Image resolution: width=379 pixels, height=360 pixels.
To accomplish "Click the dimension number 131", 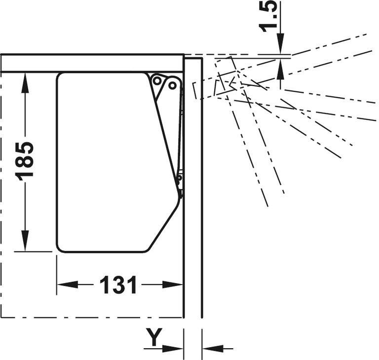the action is (118, 285).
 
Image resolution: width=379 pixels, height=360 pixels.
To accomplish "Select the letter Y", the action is (154, 336).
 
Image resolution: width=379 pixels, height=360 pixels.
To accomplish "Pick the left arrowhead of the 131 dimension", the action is (68, 285).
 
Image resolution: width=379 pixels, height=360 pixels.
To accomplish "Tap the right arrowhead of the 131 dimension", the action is (172, 285).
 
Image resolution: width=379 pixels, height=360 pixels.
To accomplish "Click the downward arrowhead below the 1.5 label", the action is (280, 43).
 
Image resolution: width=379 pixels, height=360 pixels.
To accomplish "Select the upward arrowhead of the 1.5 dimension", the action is (280, 69).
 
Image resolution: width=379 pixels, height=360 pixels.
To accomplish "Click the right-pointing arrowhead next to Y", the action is (172, 349).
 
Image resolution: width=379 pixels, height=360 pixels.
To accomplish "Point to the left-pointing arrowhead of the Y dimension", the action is (213, 349).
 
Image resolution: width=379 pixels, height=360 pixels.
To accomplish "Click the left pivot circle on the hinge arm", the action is (157, 81).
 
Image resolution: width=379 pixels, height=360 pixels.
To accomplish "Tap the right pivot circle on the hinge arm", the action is (172, 85).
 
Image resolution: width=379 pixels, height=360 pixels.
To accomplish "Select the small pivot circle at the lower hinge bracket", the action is (179, 179).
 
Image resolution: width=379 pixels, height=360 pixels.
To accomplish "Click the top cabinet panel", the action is (92, 63).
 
